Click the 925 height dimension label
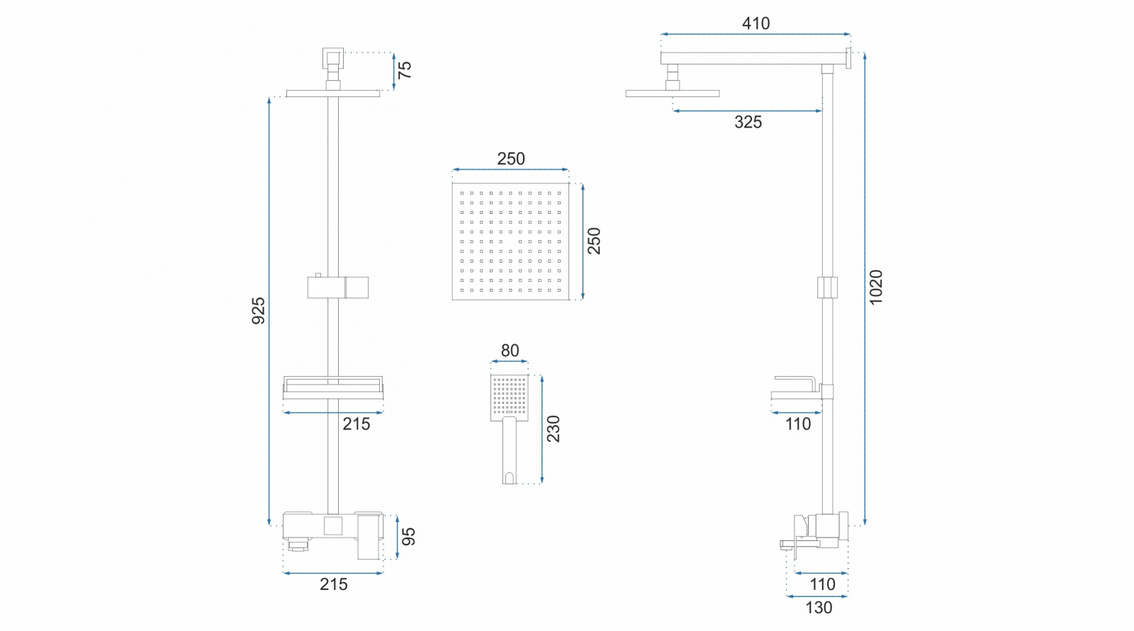[x=259, y=310]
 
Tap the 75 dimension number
[x=404, y=70]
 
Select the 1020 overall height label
[x=876, y=287]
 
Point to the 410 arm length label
[x=756, y=23]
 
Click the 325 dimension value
[x=748, y=122]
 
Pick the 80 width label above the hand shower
[x=510, y=351]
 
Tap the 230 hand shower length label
[x=553, y=429]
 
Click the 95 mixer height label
[x=409, y=537]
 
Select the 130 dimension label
[x=819, y=608]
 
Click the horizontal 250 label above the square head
[x=511, y=159]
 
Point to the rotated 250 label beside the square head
[x=594, y=241]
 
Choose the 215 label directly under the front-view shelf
[x=356, y=423]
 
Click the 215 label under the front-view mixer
[x=333, y=584]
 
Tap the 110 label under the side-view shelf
[x=798, y=423]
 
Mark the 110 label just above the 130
[x=822, y=584]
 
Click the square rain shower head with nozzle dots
[x=510, y=241]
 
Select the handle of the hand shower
[x=510, y=450]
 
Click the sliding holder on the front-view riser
[x=337, y=287]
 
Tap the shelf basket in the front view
[x=332, y=387]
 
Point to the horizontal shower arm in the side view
[x=755, y=58]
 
